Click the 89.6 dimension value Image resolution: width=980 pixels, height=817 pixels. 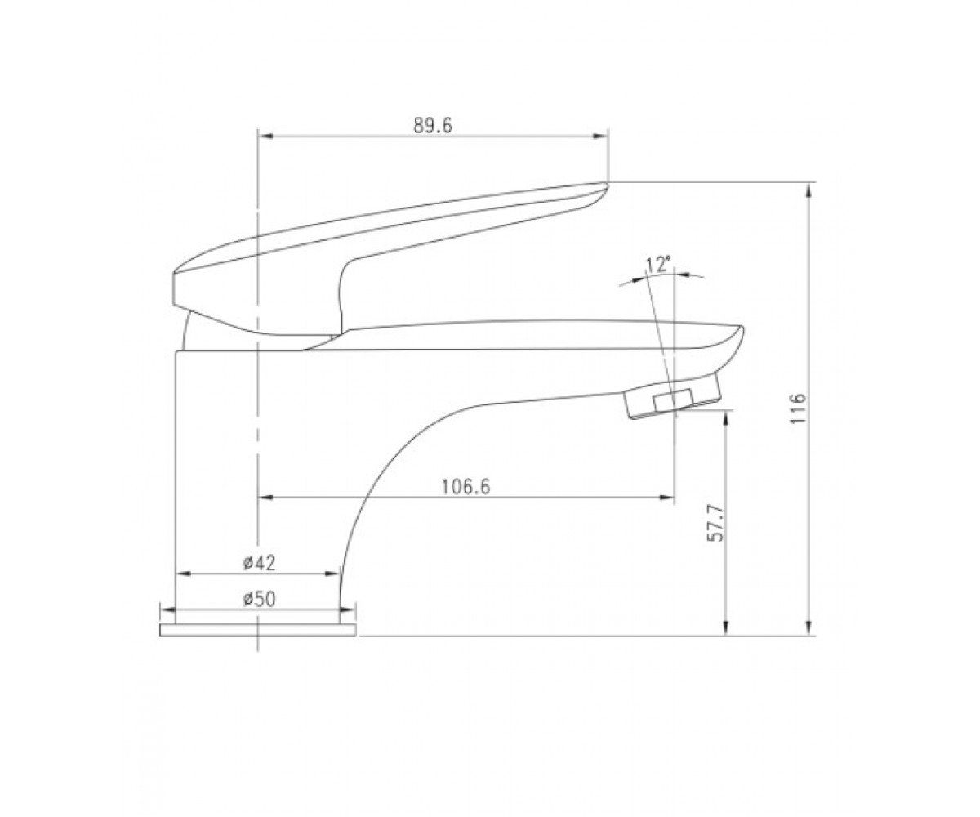click(432, 125)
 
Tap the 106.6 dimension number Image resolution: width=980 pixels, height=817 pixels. click(465, 487)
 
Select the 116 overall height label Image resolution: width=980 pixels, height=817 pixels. click(797, 408)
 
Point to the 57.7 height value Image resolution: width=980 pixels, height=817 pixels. click(715, 524)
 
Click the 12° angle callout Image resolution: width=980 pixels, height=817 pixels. click(657, 266)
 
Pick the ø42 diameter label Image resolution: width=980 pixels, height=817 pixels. click(259, 563)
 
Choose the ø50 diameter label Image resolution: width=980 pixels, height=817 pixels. click(259, 599)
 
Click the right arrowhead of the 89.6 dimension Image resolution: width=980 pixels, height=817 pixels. click(601, 136)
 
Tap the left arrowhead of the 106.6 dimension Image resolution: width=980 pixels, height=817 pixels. click(266, 498)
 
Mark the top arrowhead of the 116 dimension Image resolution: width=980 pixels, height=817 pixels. click(808, 190)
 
